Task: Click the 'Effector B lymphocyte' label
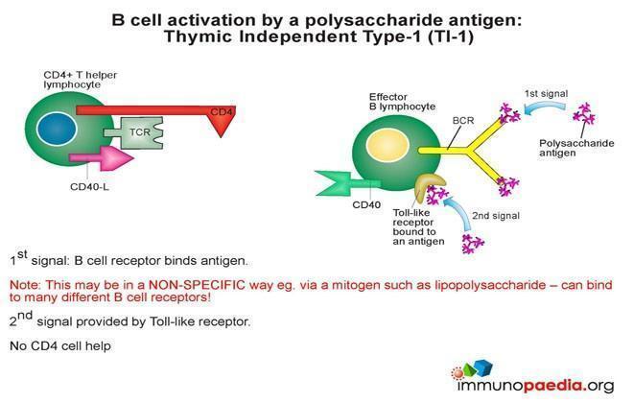click(x=402, y=103)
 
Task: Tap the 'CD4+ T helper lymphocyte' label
click(x=83, y=79)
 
